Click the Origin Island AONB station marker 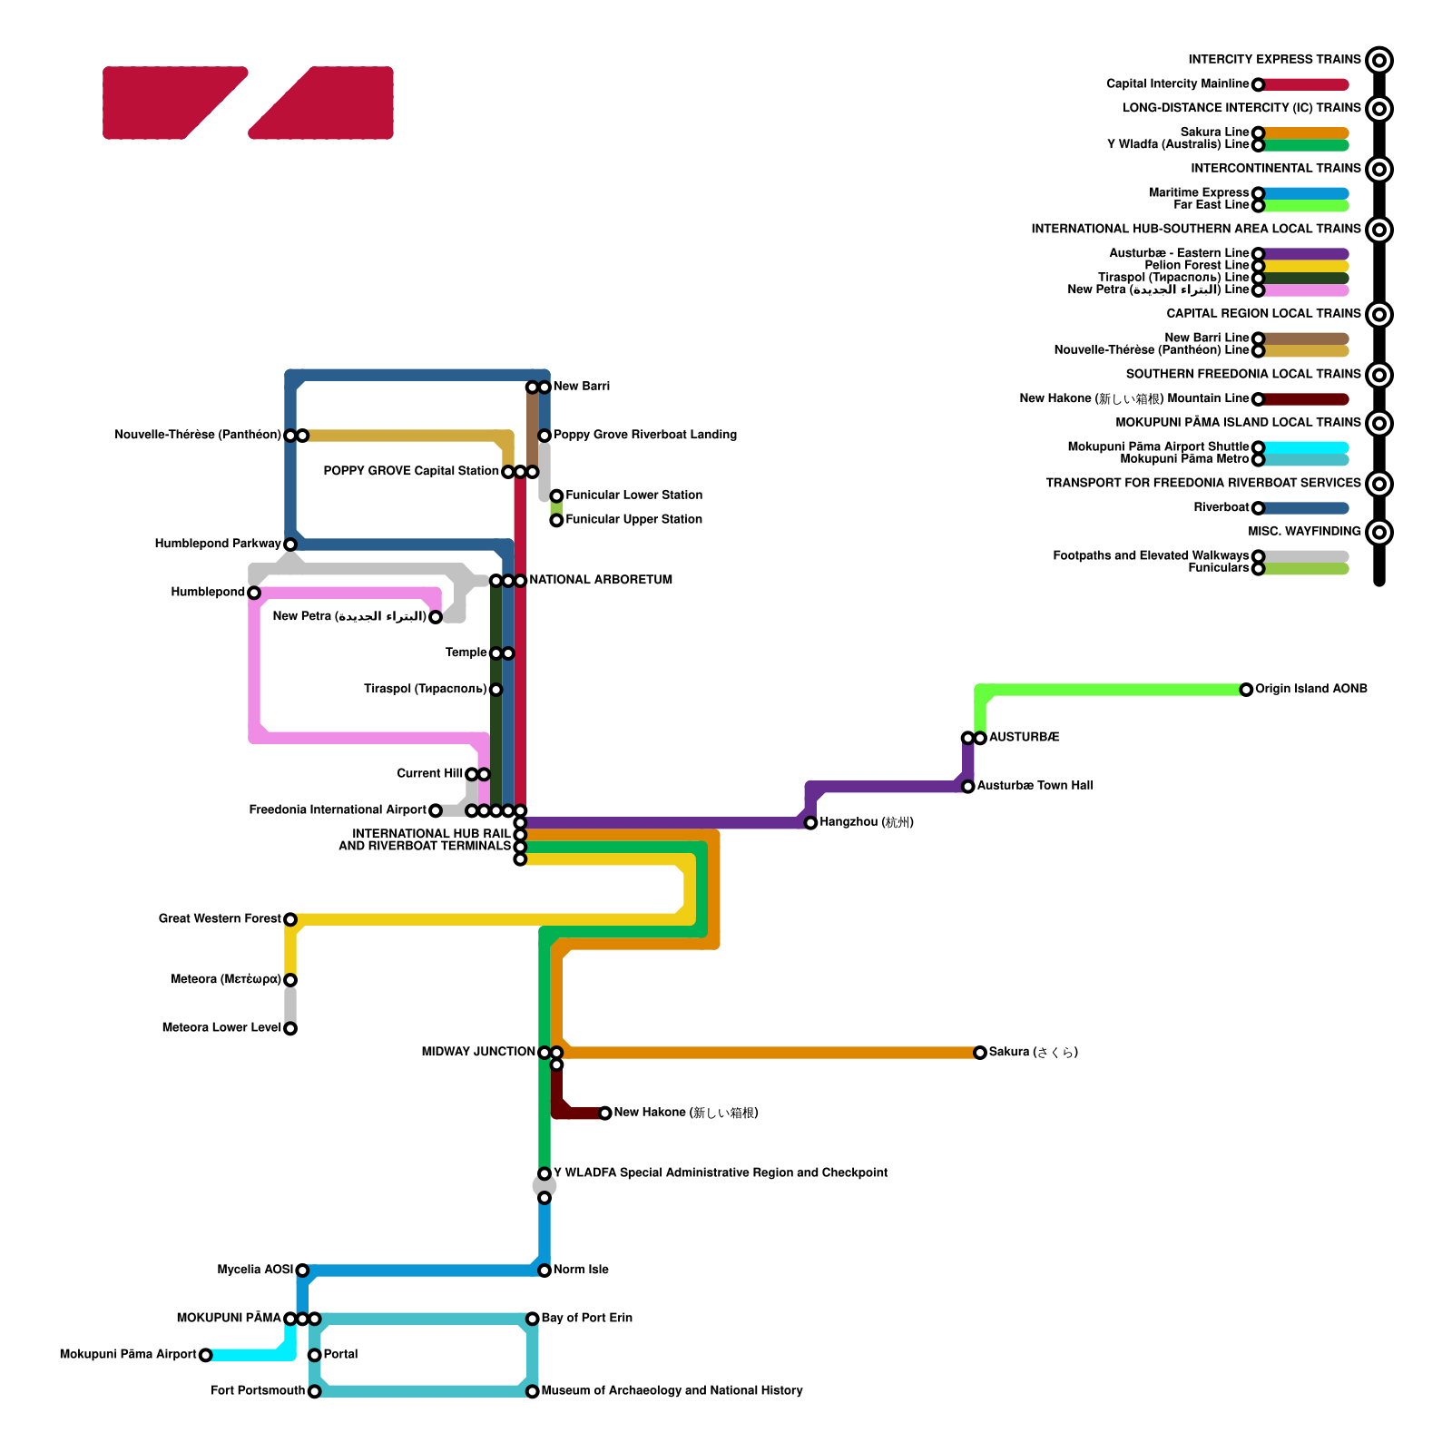pos(1247,690)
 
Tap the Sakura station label pos(1033,1053)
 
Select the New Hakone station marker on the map pos(605,1113)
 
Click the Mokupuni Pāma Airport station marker pos(206,1355)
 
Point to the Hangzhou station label pos(866,822)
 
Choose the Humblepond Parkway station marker pos(290,544)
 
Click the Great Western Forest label pos(220,919)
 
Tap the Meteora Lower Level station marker pos(290,1028)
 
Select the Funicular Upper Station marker pos(556,520)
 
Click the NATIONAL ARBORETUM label pos(601,581)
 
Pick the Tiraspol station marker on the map pos(495,690)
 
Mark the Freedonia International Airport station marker pos(436,810)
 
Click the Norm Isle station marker pos(544,1270)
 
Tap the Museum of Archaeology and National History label pos(672,1391)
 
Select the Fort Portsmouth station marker pos(314,1391)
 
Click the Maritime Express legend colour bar pos(1305,193)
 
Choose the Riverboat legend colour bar pos(1305,508)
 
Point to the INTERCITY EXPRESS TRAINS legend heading pos(1274,60)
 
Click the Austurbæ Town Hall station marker pos(968,786)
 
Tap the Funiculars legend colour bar pos(1305,569)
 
